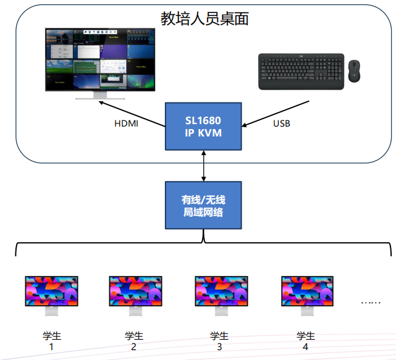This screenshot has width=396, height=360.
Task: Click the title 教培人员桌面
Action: [x=204, y=19]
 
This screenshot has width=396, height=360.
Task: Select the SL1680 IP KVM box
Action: [x=203, y=126]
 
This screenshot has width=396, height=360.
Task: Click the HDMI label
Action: [x=127, y=123]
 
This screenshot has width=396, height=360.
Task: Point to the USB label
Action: [x=282, y=123]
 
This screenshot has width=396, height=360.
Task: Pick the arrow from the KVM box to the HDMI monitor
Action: [x=133, y=114]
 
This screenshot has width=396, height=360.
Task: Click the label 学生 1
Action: [x=52, y=341]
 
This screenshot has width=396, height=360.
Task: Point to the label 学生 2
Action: [x=133, y=341]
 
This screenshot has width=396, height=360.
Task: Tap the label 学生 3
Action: [x=219, y=341]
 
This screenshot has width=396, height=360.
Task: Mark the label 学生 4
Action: [x=305, y=341]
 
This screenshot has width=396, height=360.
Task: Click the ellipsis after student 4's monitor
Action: [x=371, y=301]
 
